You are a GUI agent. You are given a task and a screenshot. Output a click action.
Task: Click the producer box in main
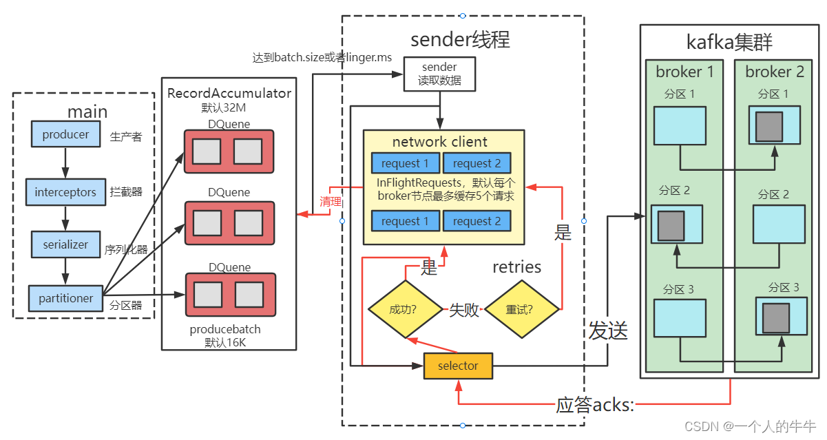pyautogui.click(x=65, y=134)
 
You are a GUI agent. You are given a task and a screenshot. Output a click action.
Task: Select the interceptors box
pyautogui.click(x=65, y=192)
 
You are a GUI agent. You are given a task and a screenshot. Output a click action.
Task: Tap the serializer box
pyautogui.click(x=65, y=244)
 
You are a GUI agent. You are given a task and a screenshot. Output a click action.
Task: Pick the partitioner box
pyautogui.click(x=65, y=298)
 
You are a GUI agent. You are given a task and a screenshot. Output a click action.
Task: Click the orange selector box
pyautogui.click(x=458, y=366)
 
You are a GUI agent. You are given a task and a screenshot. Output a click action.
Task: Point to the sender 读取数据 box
pyautogui.click(x=439, y=74)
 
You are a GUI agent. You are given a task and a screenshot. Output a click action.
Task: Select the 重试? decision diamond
pyautogui.click(x=522, y=310)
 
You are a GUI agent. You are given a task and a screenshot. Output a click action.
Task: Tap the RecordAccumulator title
pyautogui.click(x=229, y=93)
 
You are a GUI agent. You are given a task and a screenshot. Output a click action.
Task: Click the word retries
pyautogui.click(x=516, y=267)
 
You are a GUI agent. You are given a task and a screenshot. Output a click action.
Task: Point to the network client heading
pyautogui.click(x=439, y=143)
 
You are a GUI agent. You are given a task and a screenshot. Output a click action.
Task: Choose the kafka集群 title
pyautogui.click(x=729, y=42)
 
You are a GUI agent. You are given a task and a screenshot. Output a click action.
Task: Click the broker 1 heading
pyautogui.click(x=684, y=72)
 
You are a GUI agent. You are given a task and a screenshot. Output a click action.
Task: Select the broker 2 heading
pyautogui.click(x=774, y=72)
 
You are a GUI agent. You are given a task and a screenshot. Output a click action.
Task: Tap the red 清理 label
pyautogui.click(x=331, y=201)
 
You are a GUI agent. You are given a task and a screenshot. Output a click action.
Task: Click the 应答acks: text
pyautogui.click(x=595, y=405)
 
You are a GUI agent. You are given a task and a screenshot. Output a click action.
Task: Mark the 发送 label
pyautogui.click(x=608, y=331)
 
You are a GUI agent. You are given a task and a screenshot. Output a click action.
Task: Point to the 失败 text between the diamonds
pyautogui.click(x=464, y=311)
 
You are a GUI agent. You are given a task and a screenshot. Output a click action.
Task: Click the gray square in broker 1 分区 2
pyautogui.click(x=671, y=225)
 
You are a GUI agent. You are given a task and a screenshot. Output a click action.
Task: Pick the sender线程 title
pyautogui.click(x=460, y=39)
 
